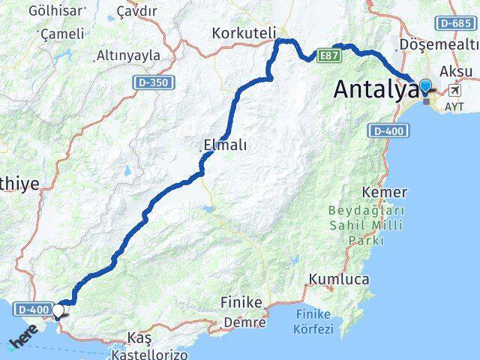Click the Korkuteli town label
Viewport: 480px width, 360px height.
pos(244,33)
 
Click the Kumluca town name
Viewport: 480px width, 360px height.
pos(337,279)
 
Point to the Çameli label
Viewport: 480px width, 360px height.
pos(61,34)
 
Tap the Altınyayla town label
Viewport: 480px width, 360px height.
pos(129,55)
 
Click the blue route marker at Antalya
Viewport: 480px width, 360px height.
pos(427,86)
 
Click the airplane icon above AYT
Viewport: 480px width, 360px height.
pos(455,91)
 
